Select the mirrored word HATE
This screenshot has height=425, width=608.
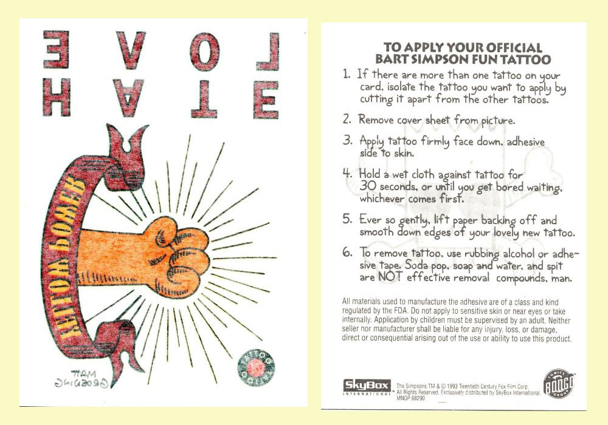(161, 100)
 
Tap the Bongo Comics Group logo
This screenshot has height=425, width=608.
(558, 386)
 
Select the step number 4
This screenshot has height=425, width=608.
(347, 174)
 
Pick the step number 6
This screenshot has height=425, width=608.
(347, 254)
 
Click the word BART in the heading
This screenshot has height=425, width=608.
(394, 59)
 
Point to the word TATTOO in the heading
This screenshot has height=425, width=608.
(508, 59)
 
